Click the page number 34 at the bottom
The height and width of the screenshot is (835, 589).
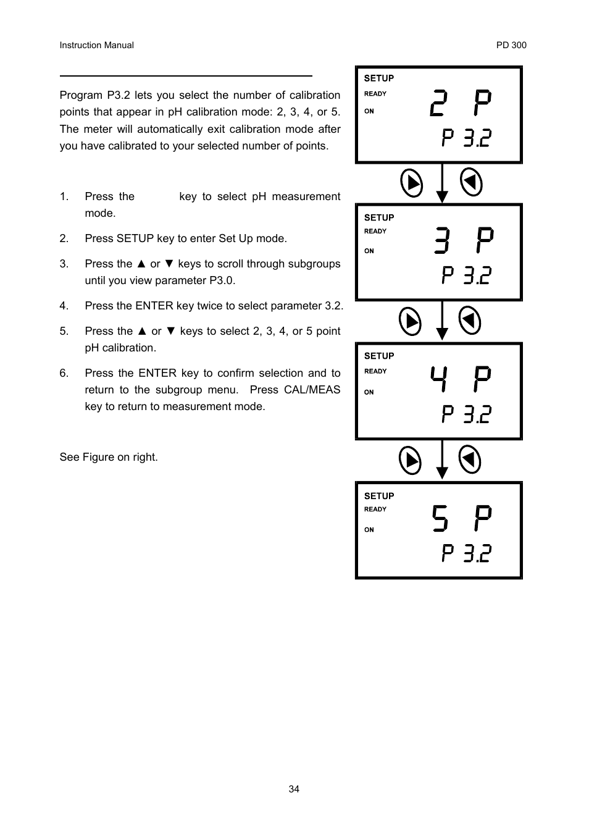click(294, 789)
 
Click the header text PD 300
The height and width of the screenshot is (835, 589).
click(511, 45)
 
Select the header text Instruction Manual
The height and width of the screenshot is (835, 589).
click(96, 45)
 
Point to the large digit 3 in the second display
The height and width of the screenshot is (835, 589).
click(441, 240)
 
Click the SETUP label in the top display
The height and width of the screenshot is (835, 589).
click(378, 78)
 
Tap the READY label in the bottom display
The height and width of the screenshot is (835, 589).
click(375, 510)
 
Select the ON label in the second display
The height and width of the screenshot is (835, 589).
click(369, 251)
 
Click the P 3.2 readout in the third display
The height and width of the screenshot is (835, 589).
click(466, 414)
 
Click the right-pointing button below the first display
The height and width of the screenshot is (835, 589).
click(411, 183)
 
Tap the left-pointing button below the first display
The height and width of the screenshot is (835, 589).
click(471, 182)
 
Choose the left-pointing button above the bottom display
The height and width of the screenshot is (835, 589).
click(470, 459)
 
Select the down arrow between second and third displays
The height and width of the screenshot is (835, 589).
click(441, 321)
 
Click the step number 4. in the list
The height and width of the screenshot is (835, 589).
click(64, 306)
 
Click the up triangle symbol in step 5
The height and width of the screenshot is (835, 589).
click(141, 331)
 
